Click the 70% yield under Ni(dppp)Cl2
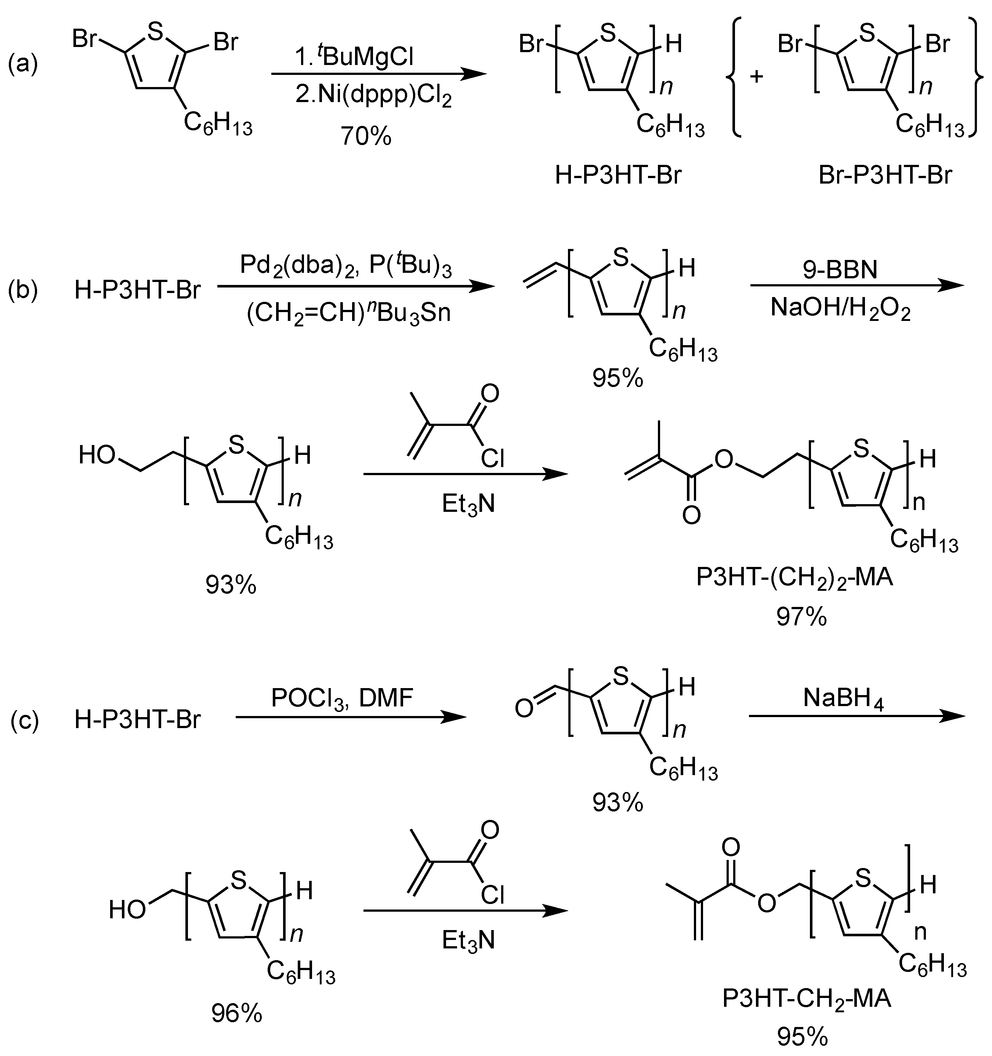[366, 137]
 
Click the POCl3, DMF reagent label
[342, 698]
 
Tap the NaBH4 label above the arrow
[843, 699]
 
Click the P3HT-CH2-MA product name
[805, 999]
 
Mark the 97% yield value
[801, 617]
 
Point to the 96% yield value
[237, 1014]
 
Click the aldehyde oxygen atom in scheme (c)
[524, 709]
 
